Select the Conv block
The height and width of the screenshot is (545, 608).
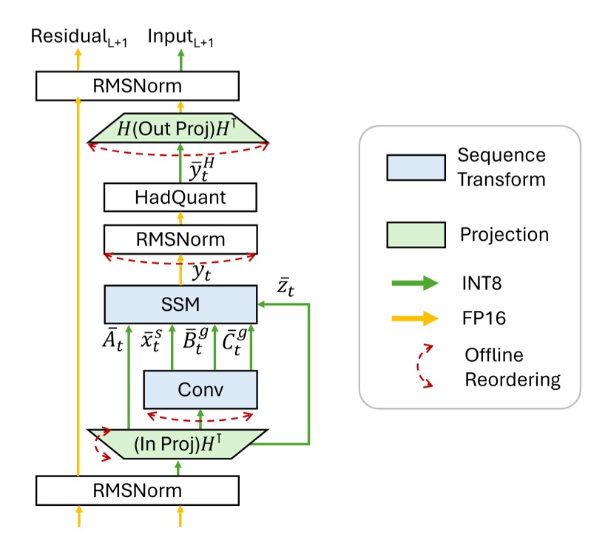coord(200,389)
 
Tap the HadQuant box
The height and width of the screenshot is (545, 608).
coord(180,199)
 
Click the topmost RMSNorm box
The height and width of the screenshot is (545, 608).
coord(137,86)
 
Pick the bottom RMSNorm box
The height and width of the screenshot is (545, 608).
coord(137,490)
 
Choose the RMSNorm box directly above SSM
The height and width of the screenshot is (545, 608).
coord(180,239)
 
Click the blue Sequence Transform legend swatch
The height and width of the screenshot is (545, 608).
coord(415,167)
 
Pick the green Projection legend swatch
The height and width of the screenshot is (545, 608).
coord(415,235)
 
